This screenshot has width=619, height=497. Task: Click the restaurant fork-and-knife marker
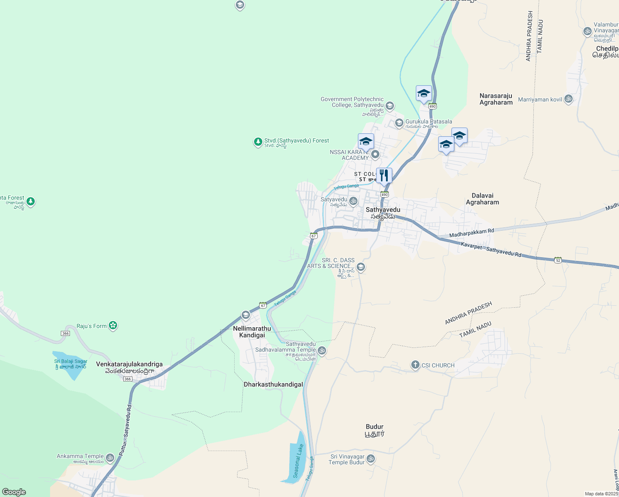[x=384, y=176]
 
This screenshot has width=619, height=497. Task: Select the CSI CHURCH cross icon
[x=415, y=365]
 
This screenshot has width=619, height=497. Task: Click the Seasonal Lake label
[x=298, y=461]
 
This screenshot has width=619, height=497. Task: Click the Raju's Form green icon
[x=113, y=326]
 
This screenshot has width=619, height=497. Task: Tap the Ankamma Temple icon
[x=110, y=458]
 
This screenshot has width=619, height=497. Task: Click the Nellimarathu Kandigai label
[x=252, y=332]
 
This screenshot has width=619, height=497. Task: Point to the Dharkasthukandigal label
[x=273, y=385]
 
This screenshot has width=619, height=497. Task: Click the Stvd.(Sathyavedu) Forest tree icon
[x=258, y=142]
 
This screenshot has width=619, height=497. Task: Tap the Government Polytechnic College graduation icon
[x=389, y=106]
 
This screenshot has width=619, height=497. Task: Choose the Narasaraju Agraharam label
[x=496, y=99]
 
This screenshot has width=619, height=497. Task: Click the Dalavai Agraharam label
[x=482, y=199]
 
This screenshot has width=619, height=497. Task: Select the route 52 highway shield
[x=558, y=260]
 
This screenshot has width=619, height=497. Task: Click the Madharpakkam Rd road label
[x=471, y=233]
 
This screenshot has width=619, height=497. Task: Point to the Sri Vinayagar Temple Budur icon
[x=371, y=458]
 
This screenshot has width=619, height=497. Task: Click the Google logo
[x=14, y=492]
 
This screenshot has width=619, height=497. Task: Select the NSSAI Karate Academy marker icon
[x=375, y=154]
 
